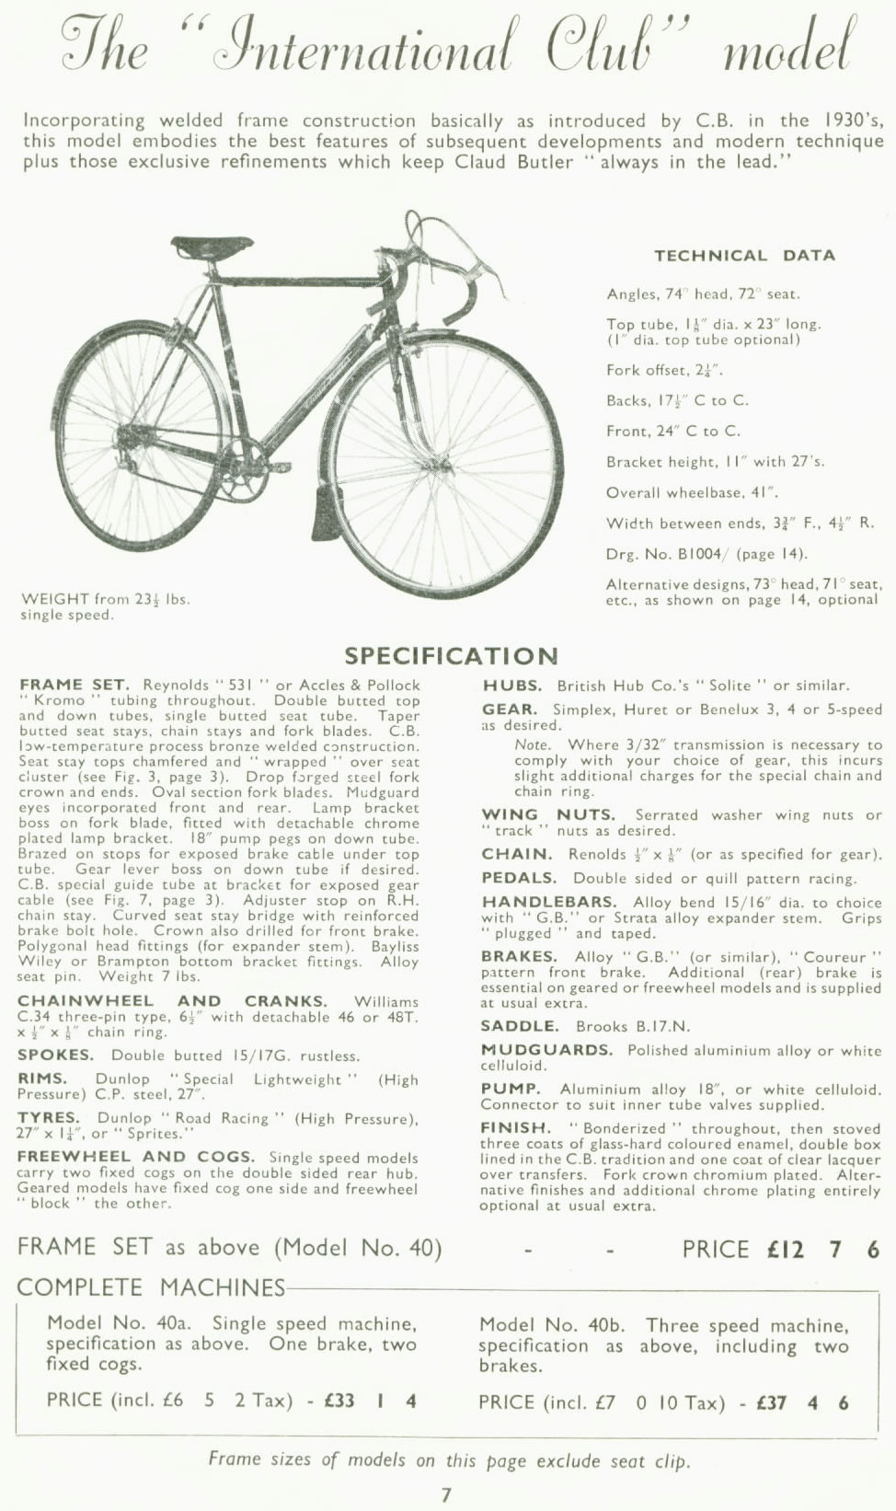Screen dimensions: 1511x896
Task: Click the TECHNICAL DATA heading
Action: pos(744,256)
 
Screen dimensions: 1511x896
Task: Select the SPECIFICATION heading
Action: pos(451,656)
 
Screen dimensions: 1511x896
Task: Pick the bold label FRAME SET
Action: pos(75,686)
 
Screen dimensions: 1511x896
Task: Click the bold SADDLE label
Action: pos(520,1026)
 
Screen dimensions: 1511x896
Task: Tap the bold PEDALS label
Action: pos(519,879)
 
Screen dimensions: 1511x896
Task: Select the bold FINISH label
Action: pos(515,1127)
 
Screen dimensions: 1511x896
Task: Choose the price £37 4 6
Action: pos(802,1403)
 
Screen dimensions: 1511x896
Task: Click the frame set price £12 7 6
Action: pos(823,1250)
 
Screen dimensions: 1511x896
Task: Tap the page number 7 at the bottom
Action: pos(446,1494)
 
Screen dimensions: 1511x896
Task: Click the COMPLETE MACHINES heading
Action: pos(151,1287)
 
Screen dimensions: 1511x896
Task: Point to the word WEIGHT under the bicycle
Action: pos(55,599)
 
